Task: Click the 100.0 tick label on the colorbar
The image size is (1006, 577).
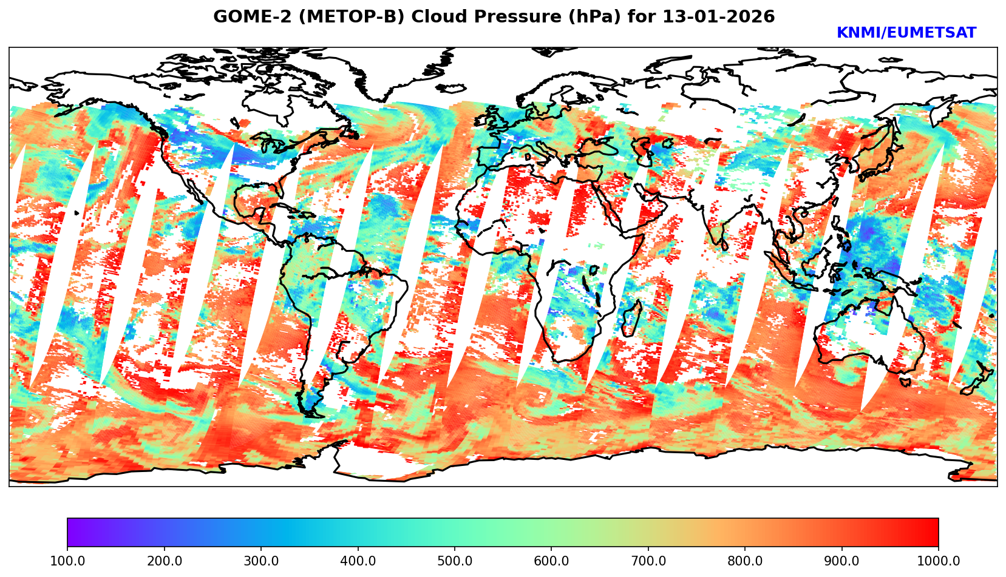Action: click(x=67, y=561)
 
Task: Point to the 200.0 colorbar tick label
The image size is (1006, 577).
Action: click(x=164, y=561)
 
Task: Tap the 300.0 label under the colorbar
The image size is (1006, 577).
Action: click(x=260, y=561)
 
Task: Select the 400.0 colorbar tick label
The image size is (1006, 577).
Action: click(x=358, y=561)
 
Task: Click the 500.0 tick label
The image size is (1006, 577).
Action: click(x=454, y=561)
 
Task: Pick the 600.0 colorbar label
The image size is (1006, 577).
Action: click(x=551, y=561)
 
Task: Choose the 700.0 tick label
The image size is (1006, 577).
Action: click(x=648, y=561)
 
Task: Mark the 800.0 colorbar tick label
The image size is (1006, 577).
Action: click(x=745, y=561)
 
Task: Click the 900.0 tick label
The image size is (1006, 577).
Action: click(x=841, y=561)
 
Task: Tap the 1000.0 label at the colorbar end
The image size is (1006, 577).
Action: click(x=939, y=561)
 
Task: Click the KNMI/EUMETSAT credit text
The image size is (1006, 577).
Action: click(x=906, y=33)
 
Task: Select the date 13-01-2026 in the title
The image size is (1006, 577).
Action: click(x=719, y=17)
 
